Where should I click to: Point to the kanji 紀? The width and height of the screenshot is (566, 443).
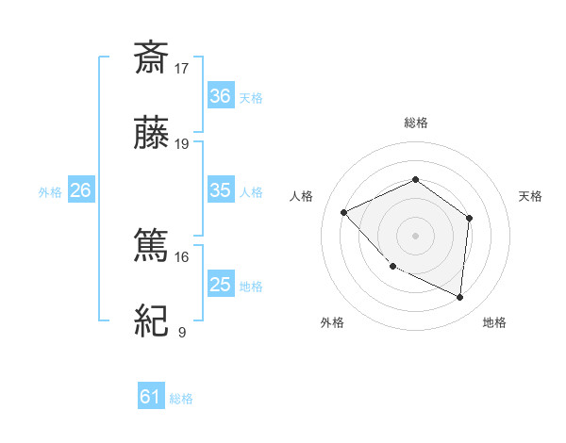[152, 321]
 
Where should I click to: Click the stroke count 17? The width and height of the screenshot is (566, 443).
[182, 68]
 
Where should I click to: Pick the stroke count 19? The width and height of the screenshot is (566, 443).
[182, 144]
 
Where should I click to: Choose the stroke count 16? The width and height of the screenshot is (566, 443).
[182, 256]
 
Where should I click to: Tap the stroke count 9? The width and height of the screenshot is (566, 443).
[181, 332]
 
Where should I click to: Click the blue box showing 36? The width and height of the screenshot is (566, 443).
[220, 96]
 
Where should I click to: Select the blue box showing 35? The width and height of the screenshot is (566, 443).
[220, 190]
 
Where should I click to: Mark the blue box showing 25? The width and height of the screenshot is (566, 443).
[220, 285]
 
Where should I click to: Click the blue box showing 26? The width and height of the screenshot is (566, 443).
[80, 190]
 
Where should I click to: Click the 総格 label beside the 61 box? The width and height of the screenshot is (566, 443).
[181, 399]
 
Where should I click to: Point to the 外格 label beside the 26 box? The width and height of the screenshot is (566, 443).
[50, 192]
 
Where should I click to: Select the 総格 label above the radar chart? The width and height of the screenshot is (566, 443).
[415, 123]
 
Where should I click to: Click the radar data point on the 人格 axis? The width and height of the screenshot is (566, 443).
[344, 213]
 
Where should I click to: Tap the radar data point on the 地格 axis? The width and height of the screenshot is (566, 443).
[459, 297]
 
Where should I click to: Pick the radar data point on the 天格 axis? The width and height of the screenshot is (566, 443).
[470, 219]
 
